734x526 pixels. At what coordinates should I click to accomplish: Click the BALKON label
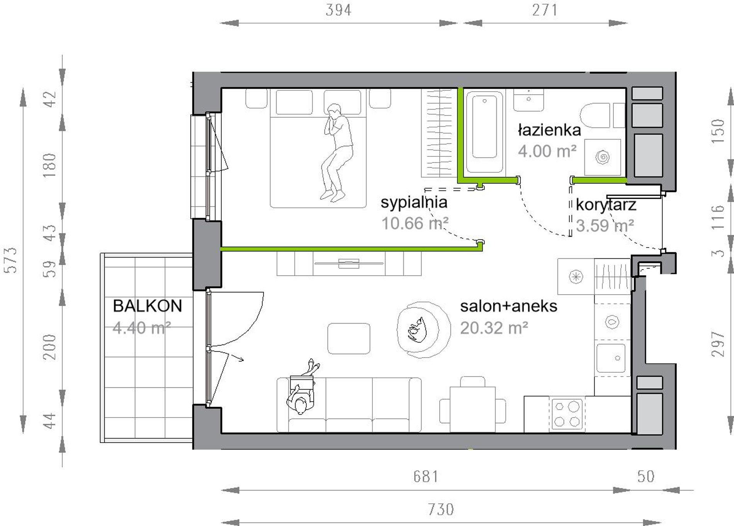[x=147, y=306]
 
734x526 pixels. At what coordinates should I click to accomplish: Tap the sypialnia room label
[x=414, y=202]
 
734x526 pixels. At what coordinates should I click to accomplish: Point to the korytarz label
[x=606, y=205]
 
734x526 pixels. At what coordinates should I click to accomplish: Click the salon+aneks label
[x=509, y=306]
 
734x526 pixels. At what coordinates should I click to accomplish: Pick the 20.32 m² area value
[x=494, y=328]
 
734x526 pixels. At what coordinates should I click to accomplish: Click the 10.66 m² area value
[x=415, y=223]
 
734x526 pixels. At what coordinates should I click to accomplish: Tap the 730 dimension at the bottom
[x=441, y=510]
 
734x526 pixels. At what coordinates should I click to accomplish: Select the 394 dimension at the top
[x=338, y=10]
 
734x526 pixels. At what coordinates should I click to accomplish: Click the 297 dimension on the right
[x=718, y=344]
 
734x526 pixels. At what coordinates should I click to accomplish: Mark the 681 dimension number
[x=426, y=477]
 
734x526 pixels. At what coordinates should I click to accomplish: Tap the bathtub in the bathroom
[x=484, y=132]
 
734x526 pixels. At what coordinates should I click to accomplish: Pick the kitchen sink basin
[x=611, y=358]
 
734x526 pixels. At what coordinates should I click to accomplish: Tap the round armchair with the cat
[x=423, y=329]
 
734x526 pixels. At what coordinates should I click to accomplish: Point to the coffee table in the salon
[x=349, y=338]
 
